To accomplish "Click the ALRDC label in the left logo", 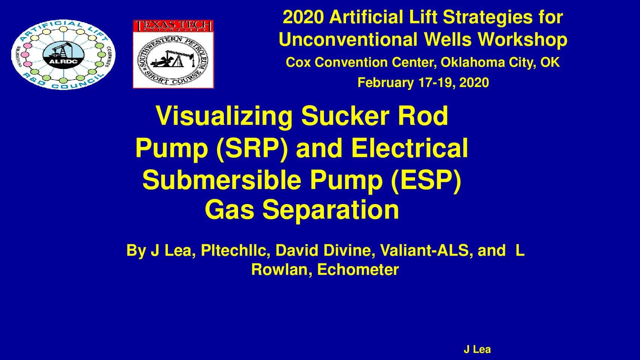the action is click(x=63, y=61).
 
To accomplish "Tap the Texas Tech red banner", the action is click(x=174, y=26).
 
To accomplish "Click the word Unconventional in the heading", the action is click(x=348, y=39).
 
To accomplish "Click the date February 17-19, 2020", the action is click(x=423, y=82).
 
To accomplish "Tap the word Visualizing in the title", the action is click(x=224, y=116).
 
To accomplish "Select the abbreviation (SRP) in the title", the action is click(x=252, y=148).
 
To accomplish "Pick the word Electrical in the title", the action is click(x=410, y=148).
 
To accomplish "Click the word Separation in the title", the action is click(x=331, y=210).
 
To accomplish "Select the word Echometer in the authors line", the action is click(x=358, y=270).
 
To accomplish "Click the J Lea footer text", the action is click(x=477, y=349).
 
